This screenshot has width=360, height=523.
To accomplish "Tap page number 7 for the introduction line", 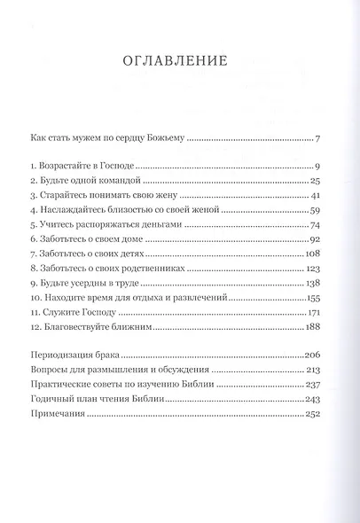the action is click(317, 137).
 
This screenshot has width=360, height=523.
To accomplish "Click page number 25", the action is click(314, 181).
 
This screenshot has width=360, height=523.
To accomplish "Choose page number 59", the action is click(314, 211).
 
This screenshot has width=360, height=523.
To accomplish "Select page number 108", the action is click(311, 256).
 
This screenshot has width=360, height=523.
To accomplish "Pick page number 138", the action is click(311, 285).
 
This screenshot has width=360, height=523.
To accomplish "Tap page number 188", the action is click(311, 330).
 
